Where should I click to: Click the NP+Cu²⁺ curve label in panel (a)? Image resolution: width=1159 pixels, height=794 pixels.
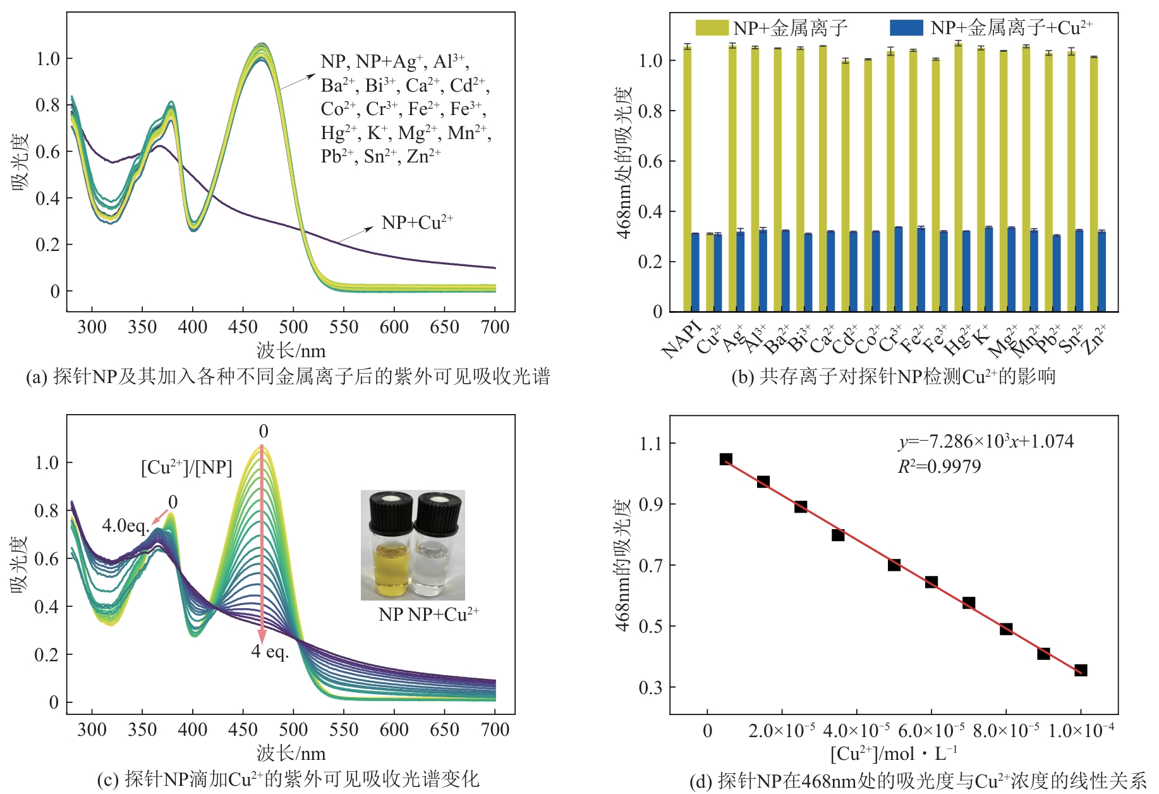(x=417, y=223)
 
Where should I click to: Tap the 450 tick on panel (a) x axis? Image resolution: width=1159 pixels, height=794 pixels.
(x=243, y=327)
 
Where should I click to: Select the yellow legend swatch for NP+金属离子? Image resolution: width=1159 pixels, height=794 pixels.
(x=712, y=28)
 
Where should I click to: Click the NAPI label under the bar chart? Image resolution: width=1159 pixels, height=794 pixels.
(x=682, y=339)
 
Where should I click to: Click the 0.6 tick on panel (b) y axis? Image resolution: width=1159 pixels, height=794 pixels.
(x=650, y=161)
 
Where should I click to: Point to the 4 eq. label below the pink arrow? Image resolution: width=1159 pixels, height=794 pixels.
(x=270, y=651)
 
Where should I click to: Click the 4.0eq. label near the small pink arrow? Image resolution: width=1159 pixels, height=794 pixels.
(x=126, y=525)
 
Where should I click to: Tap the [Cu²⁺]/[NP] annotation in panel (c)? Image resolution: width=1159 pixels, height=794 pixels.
(x=186, y=468)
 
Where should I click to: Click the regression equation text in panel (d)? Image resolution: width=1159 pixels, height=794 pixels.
(x=986, y=441)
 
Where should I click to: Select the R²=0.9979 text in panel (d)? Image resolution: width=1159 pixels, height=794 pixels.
(x=939, y=467)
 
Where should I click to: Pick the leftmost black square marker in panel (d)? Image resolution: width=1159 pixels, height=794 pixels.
(x=725, y=459)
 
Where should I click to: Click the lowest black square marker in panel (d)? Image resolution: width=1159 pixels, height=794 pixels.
(x=1081, y=670)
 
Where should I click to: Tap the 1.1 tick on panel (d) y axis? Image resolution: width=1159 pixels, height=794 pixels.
(x=650, y=443)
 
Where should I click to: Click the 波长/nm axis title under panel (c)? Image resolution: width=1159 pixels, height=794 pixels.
(x=291, y=754)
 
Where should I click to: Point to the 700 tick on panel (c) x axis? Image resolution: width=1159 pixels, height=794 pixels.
(x=495, y=730)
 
